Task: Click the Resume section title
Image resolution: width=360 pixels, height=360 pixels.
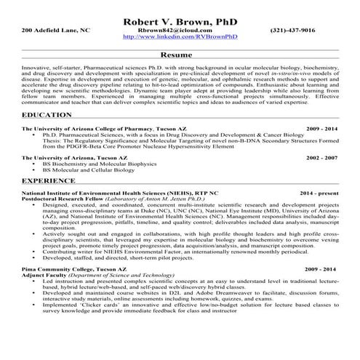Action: pos(179,55)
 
